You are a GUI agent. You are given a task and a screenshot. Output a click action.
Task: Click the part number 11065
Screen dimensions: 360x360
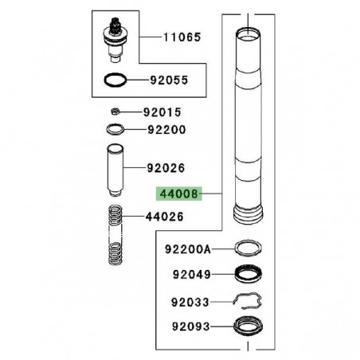pyautogui.click(x=183, y=37)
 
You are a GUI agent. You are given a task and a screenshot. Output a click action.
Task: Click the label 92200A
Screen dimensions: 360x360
pyautogui.click(x=189, y=249)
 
